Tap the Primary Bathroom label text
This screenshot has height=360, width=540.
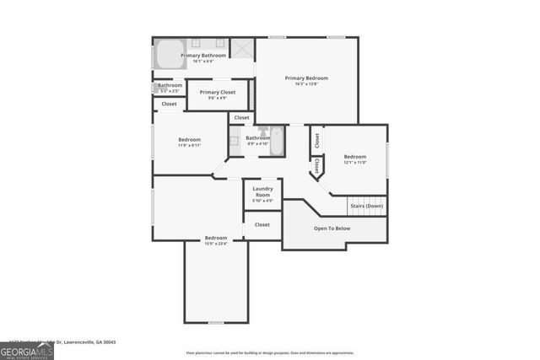point(203,56)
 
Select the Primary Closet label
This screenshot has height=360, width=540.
point(217,92)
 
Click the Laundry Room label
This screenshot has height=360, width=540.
point(262,191)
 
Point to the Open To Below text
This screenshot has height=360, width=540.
point(332,228)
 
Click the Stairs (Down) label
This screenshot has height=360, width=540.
point(366,206)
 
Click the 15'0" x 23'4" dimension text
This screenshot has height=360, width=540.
point(215,244)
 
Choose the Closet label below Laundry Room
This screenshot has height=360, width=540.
point(262,225)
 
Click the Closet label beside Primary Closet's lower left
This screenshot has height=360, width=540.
point(169,104)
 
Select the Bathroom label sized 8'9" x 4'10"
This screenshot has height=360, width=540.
point(257,138)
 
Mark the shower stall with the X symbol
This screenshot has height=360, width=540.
point(242,48)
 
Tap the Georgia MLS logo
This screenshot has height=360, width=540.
point(26,349)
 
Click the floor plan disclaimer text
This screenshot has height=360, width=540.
point(270,352)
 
